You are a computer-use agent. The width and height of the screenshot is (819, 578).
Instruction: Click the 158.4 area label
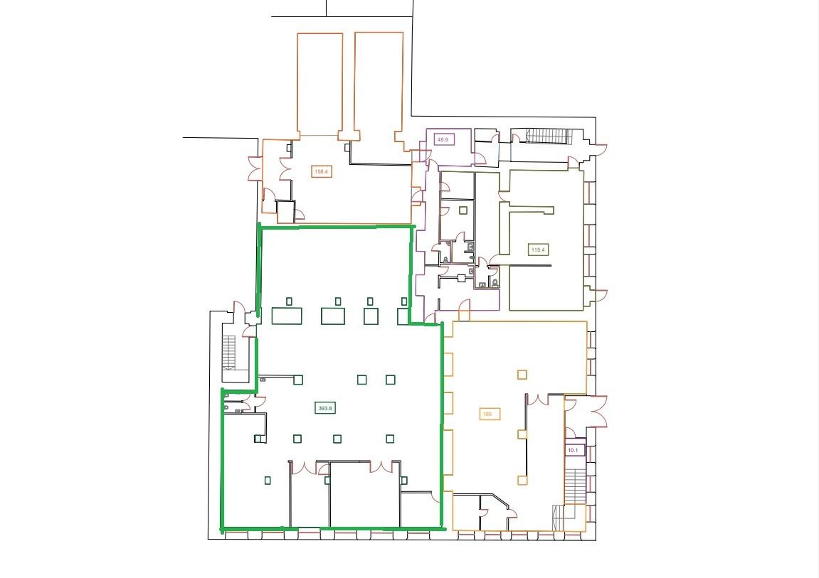tap(321, 171)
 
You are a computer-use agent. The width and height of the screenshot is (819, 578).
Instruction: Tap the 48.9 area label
tap(443, 140)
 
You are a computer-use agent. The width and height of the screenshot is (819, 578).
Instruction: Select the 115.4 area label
tap(537, 250)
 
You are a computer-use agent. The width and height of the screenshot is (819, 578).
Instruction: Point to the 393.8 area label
tap(325, 409)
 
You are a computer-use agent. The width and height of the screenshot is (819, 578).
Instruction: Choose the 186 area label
tap(487, 414)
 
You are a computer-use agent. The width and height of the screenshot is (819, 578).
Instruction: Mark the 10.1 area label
tap(573, 450)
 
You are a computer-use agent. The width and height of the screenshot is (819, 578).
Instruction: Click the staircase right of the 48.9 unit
tap(548, 137)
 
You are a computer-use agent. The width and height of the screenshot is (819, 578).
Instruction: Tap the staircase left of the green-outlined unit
tap(229, 353)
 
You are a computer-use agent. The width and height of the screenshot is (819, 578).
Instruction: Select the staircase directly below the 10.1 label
tap(575, 486)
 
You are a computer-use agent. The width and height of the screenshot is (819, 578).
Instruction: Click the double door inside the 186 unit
tap(537, 400)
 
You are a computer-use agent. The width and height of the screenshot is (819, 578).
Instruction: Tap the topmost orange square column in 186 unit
tap(522, 375)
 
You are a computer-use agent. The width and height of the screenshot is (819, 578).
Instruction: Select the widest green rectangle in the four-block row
tap(287, 316)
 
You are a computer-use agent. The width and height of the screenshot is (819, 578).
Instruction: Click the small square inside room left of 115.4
tap(463, 210)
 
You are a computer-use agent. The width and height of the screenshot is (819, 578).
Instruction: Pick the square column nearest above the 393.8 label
tap(361, 380)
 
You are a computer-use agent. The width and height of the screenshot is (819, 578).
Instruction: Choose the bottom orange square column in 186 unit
tap(522, 480)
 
